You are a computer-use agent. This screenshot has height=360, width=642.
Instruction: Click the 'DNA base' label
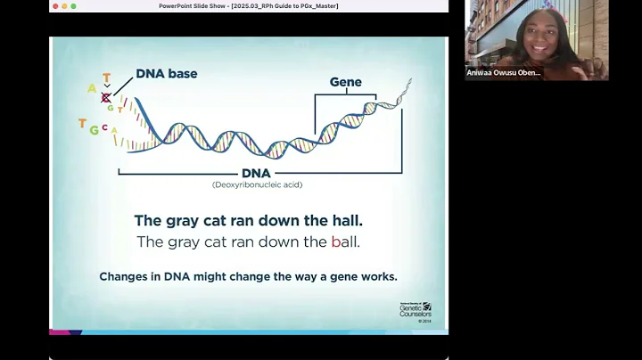click(x=167, y=74)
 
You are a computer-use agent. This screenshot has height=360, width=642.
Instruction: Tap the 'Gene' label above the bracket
click(x=345, y=82)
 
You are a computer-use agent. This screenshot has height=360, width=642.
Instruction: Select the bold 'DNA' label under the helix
click(x=256, y=173)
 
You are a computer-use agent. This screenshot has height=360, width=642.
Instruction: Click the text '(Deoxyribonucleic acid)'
click(x=256, y=184)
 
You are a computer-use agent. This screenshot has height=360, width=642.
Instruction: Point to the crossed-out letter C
click(x=106, y=98)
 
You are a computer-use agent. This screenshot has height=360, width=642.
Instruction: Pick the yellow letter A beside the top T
click(x=92, y=88)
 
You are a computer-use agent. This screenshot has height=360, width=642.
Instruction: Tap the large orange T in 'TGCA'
click(x=82, y=124)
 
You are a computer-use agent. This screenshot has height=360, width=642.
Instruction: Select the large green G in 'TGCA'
click(x=94, y=130)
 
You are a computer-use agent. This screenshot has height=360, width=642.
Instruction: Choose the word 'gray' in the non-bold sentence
click(x=180, y=241)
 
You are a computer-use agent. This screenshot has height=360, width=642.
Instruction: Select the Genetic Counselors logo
click(x=416, y=308)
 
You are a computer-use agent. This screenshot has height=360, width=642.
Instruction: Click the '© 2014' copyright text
click(x=424, y=321)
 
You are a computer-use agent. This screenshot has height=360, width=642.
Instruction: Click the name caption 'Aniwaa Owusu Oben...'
click(x=504, y=73)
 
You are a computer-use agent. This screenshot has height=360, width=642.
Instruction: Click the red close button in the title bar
click(x=55, y=6)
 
